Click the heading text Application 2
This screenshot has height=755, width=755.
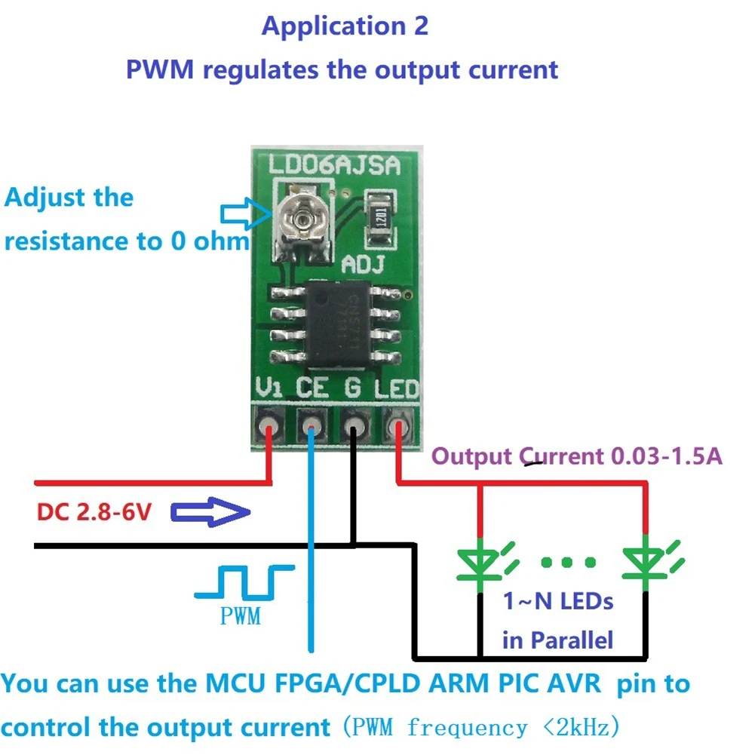tap(345, 26)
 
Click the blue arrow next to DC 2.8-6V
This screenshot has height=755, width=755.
tap(211, 514)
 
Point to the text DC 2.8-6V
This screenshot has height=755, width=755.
tap(95, 514)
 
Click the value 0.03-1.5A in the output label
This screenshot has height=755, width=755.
tap(664, 456)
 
